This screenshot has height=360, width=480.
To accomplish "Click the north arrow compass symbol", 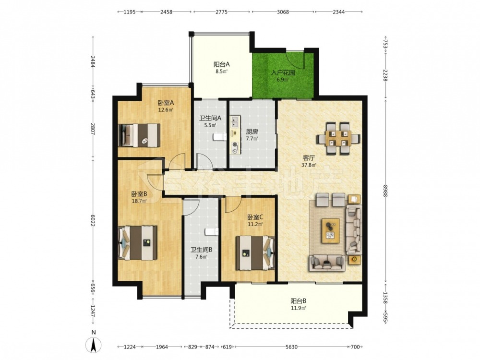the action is point(94,345).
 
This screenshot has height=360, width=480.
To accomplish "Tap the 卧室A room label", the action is point(166,103).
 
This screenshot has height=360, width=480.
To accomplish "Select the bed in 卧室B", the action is point(138,243).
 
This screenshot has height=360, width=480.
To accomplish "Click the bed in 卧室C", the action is point(255,252).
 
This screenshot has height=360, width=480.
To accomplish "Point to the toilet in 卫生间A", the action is point(219,136).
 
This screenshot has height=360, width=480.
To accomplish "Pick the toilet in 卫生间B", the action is point(212,232).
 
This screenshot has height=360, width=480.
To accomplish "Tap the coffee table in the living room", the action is point(330,230).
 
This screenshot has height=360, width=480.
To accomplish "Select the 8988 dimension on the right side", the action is point(385,190).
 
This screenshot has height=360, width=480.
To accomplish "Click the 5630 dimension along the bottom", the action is point(291,347).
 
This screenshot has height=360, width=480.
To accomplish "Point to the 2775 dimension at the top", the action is point(221,12).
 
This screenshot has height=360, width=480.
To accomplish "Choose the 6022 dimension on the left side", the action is point(93,220).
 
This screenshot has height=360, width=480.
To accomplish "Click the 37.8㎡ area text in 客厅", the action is point(309,165).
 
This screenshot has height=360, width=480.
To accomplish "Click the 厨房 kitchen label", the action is point(252,132).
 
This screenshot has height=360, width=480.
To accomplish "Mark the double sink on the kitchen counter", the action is point(235,121).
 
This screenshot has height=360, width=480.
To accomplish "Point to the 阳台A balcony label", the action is point(222,65).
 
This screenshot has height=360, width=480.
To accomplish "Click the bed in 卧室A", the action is point(139,135).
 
